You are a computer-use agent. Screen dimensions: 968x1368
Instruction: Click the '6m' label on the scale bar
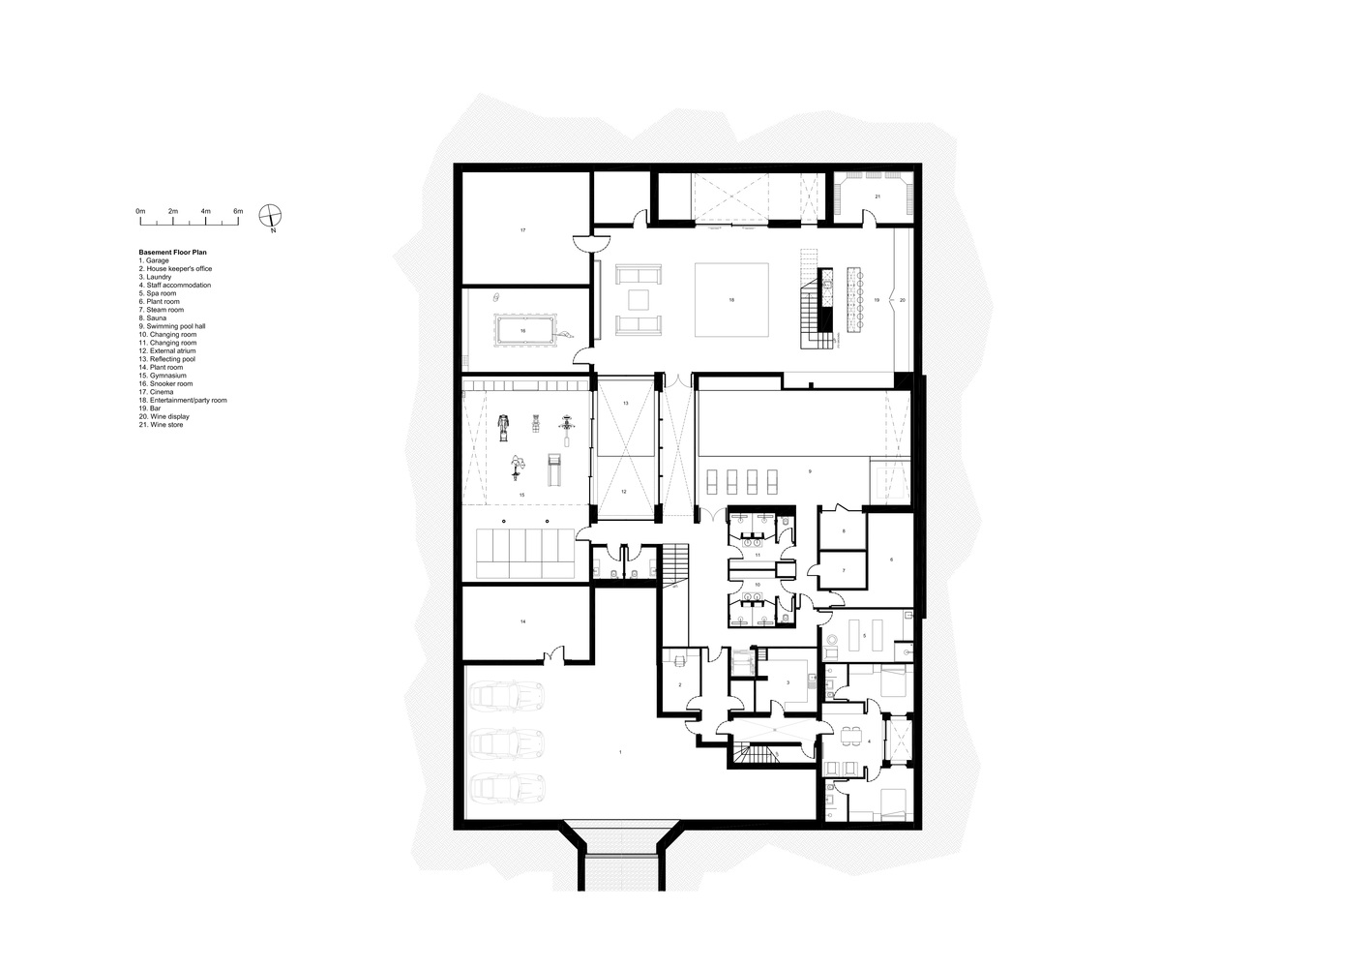click(238, 211)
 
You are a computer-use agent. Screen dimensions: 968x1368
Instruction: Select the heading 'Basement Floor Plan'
click(172, 253)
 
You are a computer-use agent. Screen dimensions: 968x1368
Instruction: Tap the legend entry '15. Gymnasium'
click(163, 376)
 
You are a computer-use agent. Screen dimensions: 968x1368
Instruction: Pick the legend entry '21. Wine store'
click(161, 425)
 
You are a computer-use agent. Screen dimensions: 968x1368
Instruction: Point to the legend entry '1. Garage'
click(154, 260)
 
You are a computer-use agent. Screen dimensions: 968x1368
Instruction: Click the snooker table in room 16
click(523, 329)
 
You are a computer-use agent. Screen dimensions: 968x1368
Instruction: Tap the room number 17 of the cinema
click(522, 230)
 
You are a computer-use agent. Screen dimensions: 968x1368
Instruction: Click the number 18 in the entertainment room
click(731, 301)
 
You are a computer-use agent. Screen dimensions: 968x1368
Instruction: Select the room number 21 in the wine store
click(877, 197)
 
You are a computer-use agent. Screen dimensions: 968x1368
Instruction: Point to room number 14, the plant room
click(522, 621)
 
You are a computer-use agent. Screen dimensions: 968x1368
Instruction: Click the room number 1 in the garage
click(620, 751)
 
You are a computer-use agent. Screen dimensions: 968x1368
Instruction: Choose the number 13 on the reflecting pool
click(625, 402)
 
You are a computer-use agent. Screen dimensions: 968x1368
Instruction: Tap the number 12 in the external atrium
click(624, 492)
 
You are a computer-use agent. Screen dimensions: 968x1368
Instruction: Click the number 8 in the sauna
click(844, 531)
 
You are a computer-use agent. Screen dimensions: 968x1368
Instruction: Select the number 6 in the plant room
click(891, 560)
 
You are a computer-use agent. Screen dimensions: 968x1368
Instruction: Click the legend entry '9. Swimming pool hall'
click(172, 326)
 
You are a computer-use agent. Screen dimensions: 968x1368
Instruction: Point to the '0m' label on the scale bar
click(140, 211)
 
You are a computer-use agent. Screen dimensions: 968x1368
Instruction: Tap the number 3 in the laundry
click(788, 682)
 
